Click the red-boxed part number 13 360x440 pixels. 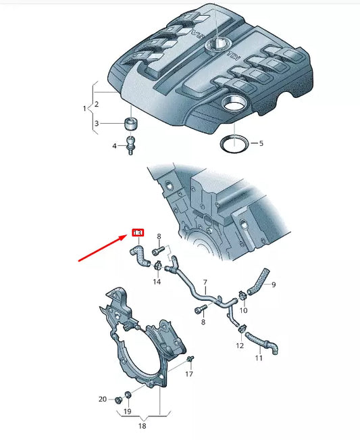tap(137, 233)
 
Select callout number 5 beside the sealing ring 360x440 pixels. tap(261, 143)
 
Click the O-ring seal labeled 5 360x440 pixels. tap(233, 143)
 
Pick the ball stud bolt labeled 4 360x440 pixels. tap(130, 145)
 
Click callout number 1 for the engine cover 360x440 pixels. tap(85, 108)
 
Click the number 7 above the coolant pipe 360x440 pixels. tap(205, 281)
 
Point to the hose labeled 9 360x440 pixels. tap(259, 280)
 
